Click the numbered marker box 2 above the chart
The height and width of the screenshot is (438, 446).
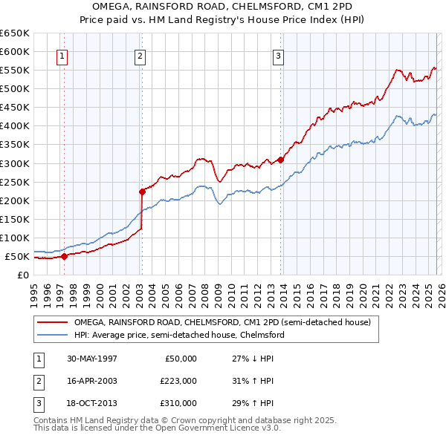[140, 54]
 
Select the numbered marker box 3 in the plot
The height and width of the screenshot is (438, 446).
[278, 54]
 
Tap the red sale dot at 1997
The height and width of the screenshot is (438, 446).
[64, 256]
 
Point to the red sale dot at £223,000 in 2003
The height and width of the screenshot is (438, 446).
[141, 192]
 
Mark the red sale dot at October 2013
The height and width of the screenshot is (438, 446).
[281, 159]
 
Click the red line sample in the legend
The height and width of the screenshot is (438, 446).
[53, 323]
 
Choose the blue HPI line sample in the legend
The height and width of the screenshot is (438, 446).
[53, 335]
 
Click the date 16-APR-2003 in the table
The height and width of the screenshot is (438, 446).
[91, 381]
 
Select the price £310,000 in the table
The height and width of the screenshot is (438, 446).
[178, 403]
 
